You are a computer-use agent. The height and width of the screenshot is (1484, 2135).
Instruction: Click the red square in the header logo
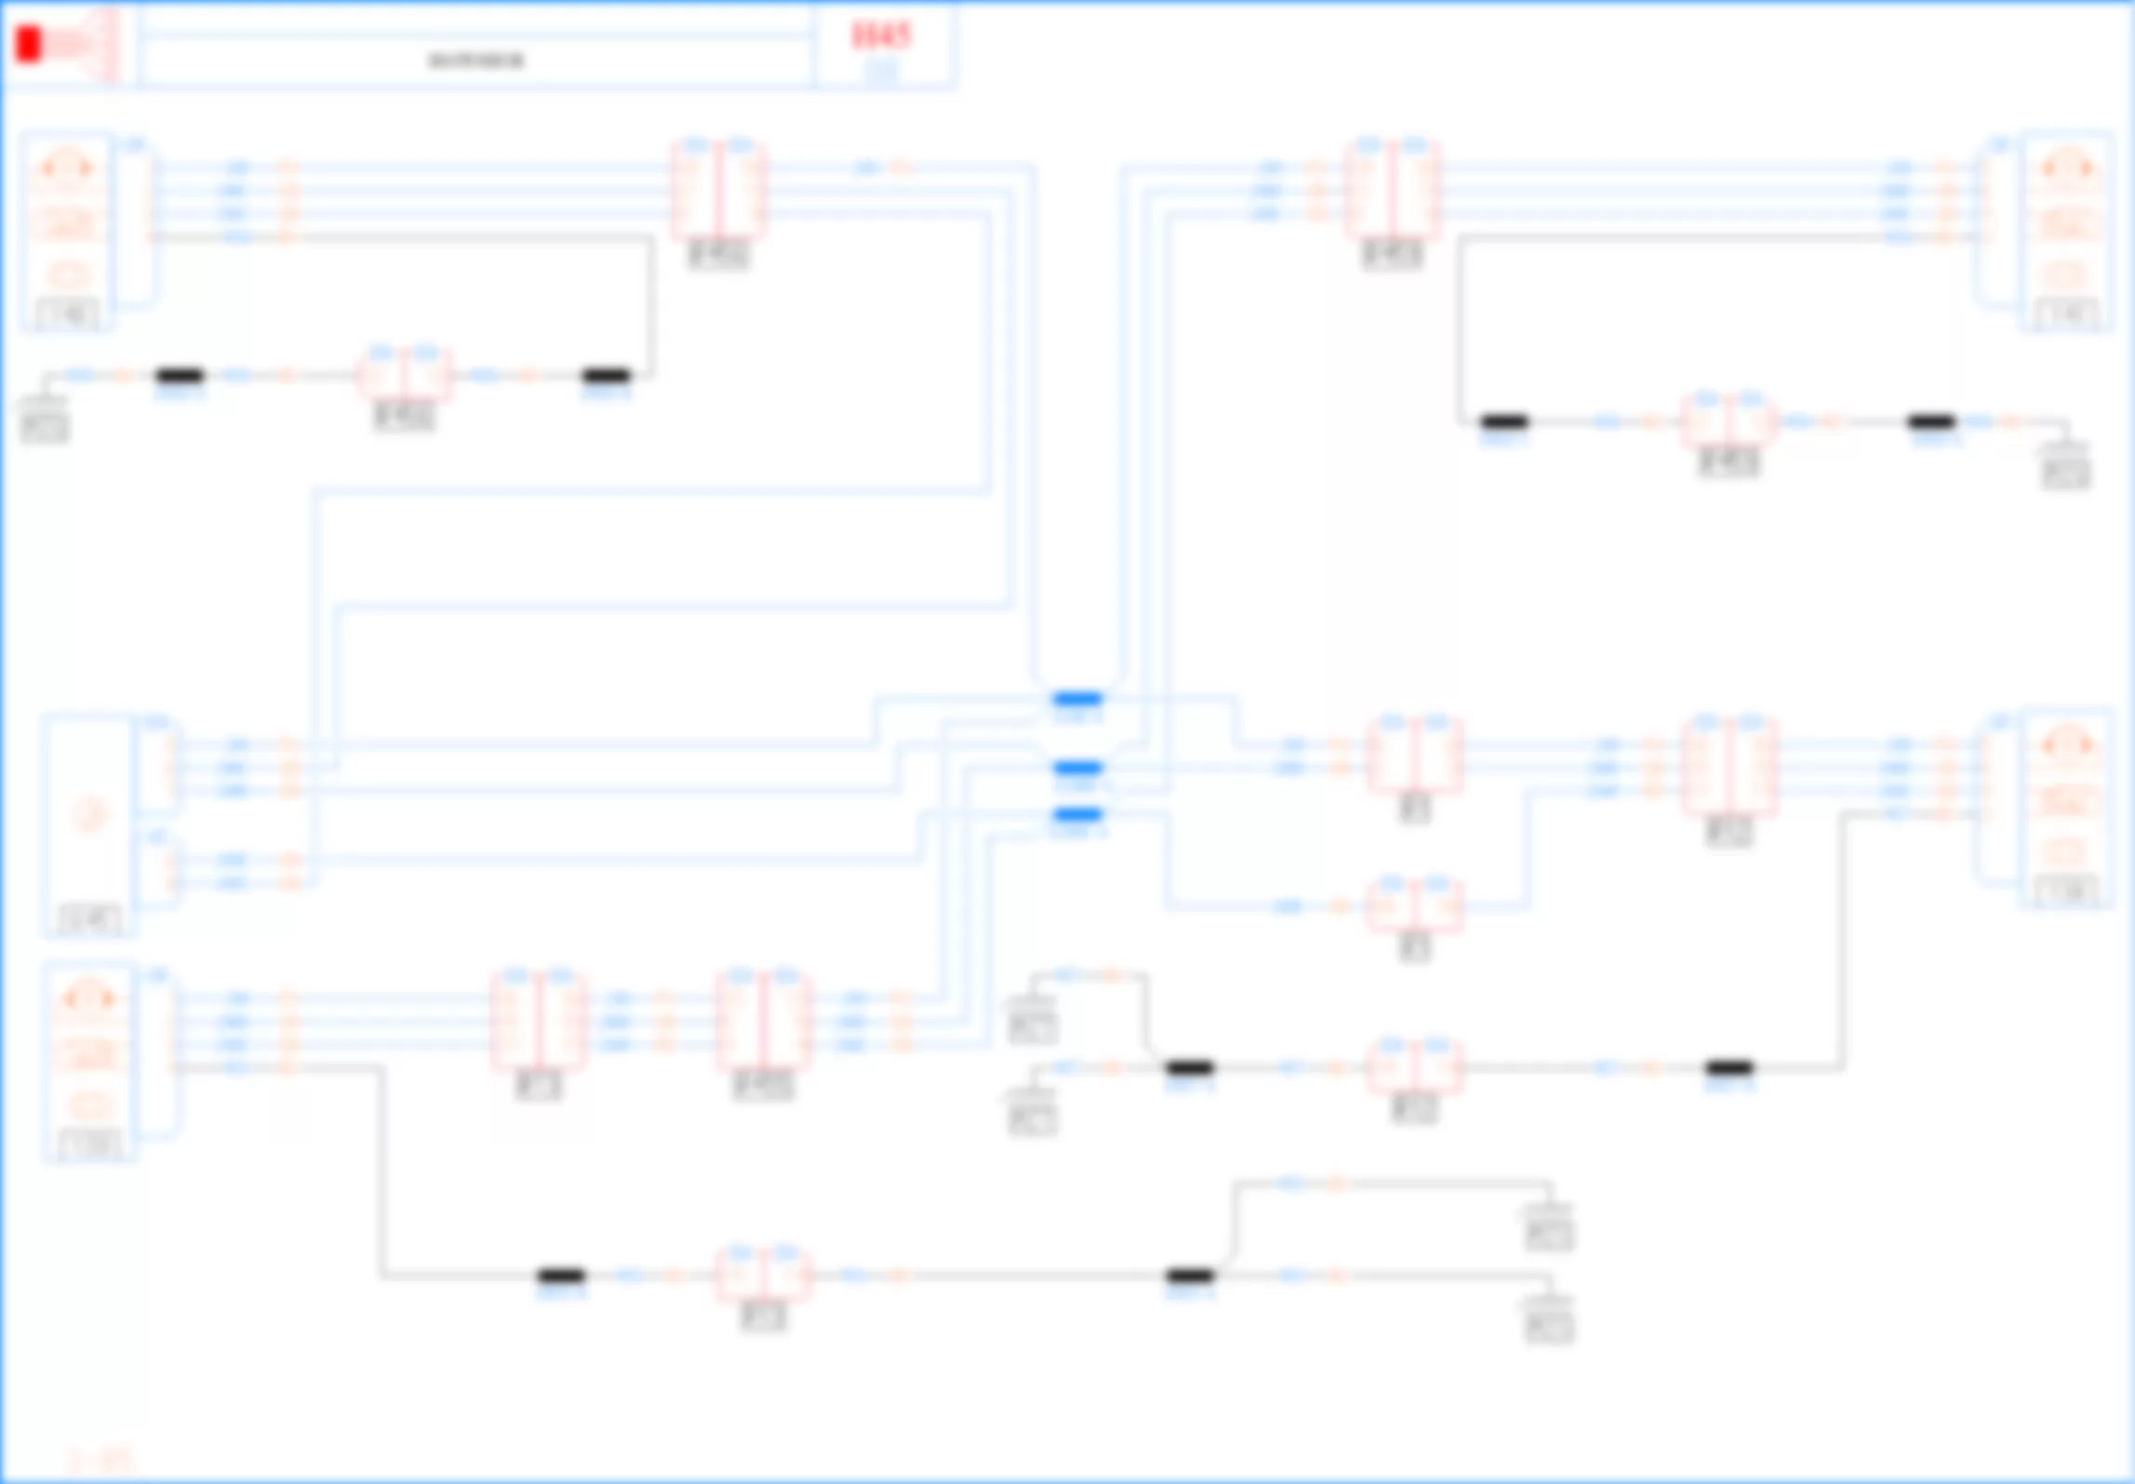coord(29,45)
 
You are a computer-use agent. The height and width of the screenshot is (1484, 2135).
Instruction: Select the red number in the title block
coord(880,35)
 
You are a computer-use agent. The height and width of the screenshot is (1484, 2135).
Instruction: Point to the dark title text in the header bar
coord(475,61)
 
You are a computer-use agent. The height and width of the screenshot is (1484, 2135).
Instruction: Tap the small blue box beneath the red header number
coord(881,70)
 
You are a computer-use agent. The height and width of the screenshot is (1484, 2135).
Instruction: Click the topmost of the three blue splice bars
coord(1077,699)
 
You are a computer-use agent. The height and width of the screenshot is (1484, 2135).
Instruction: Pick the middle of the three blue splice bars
coord(1077,768)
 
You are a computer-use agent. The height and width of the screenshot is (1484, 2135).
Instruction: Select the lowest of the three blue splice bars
coord(1077,815)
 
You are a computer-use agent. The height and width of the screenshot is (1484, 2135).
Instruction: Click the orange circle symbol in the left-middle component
coord(88,815)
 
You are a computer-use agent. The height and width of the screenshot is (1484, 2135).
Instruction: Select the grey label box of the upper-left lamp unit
coord(67,314)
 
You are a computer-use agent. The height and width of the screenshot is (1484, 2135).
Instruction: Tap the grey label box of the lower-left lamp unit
coord(89,1145)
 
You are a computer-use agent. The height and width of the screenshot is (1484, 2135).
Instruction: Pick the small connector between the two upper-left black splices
coord(405,376)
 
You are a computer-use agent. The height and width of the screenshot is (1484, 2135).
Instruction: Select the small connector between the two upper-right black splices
coord(1728,421)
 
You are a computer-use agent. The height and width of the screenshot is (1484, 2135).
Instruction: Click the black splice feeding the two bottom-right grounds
coord(1190,1275)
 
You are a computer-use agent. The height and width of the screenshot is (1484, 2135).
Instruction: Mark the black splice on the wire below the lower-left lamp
coord(562,1275)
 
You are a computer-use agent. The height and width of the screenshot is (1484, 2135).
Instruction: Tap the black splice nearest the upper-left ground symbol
coord(180,376)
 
